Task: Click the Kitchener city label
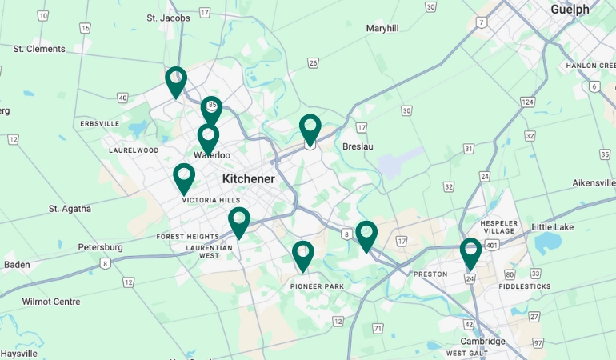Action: click(248, 178)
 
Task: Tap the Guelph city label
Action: click(570, 10)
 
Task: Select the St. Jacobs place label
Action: click(168, 18)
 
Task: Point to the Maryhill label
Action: click(382, 28)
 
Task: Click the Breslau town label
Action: click(358, 146)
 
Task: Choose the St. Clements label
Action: click(39, 49)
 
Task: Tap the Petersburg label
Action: click(100, 247)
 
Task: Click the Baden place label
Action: click(17, 264)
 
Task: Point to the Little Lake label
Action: click(553, 227)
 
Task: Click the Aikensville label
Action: click(594, 183)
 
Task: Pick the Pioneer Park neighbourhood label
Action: click(317, 286)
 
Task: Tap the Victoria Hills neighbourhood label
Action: click(211, 200)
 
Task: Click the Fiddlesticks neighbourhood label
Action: click(524, 286)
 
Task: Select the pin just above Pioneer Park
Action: click(302, 255)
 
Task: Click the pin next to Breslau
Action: click(310, 129)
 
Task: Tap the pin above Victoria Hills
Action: click(184, 178)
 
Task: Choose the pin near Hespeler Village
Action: click(470, 253)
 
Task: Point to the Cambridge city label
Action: click(482, 341)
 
